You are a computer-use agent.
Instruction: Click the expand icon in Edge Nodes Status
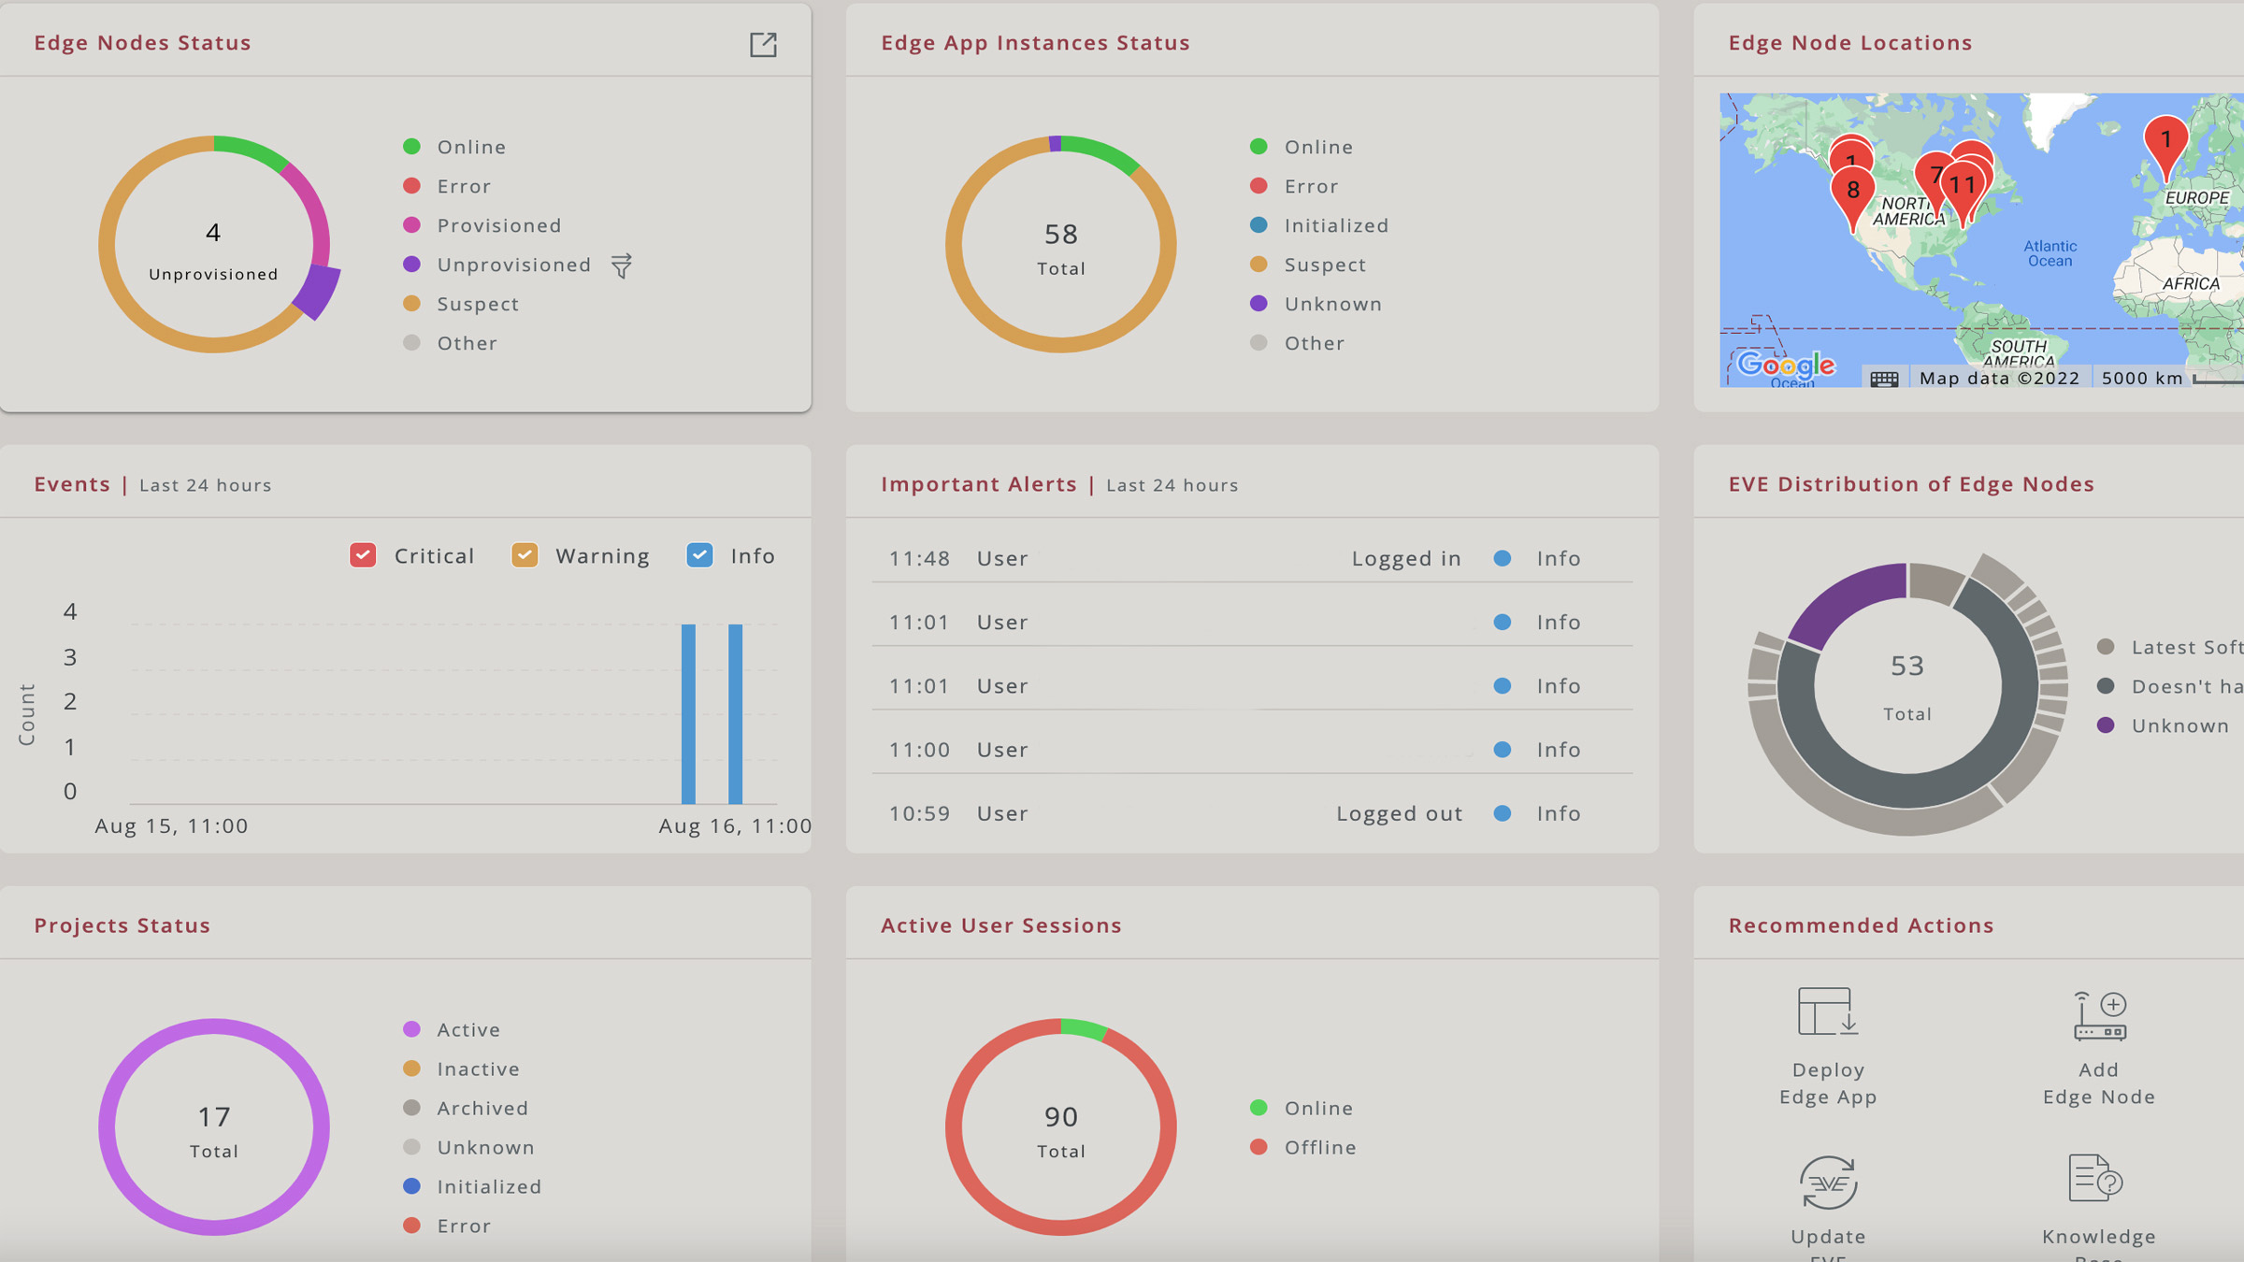[x=763, y=44]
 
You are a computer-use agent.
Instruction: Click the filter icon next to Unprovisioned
[x=622, y=265]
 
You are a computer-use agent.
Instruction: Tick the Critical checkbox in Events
[x=363, y=555]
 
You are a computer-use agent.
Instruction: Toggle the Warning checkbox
[x=525, y=555]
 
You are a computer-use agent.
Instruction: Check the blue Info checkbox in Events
[x=699, y=555]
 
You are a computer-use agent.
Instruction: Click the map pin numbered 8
[x=1852, y=192]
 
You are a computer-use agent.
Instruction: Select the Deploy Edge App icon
[x=1827, y=1012]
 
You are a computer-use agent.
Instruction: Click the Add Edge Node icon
[x=2099, y=1016]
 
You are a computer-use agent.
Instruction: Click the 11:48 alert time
[x=919, y=558]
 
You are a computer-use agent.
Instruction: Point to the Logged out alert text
[x=1399, y=813]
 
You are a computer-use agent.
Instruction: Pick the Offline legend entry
[x=1319, y=1147]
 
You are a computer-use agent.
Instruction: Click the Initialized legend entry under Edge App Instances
[x=1336, y=225]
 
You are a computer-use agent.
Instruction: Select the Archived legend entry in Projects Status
[x=482, y=1108]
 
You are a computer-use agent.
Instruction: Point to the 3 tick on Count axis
[x=70, y=657]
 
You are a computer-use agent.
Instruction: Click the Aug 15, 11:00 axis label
[x=171, y=825]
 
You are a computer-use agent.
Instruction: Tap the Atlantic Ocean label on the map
[x=2050, y=253]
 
